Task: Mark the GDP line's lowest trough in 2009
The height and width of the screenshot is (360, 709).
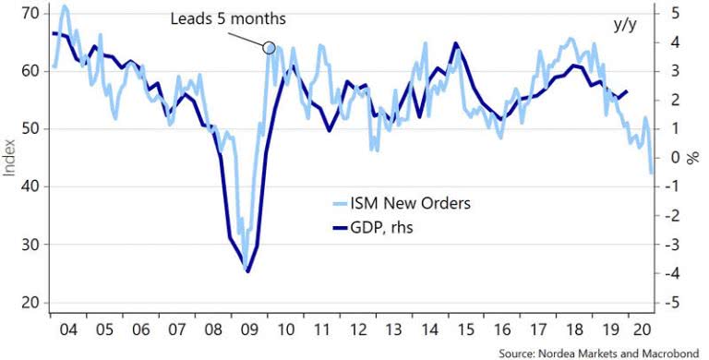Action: (x=247, y=271)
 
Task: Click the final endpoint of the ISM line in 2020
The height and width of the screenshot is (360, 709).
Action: (x=651, y=173)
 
